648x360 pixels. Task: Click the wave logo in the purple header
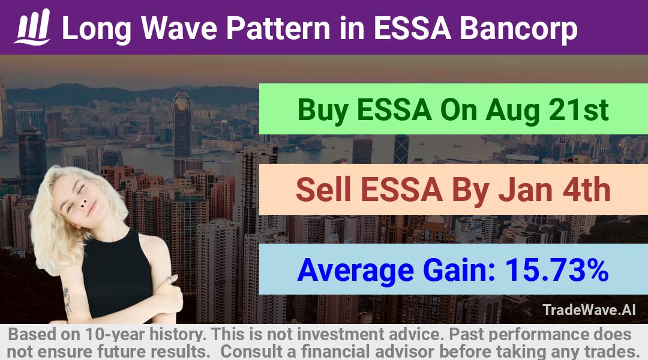(32, 27)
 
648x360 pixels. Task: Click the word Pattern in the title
(278, 29)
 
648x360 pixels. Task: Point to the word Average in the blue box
(355, 271)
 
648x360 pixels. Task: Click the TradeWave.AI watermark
(589, 310)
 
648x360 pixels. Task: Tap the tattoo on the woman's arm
(67, 301)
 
